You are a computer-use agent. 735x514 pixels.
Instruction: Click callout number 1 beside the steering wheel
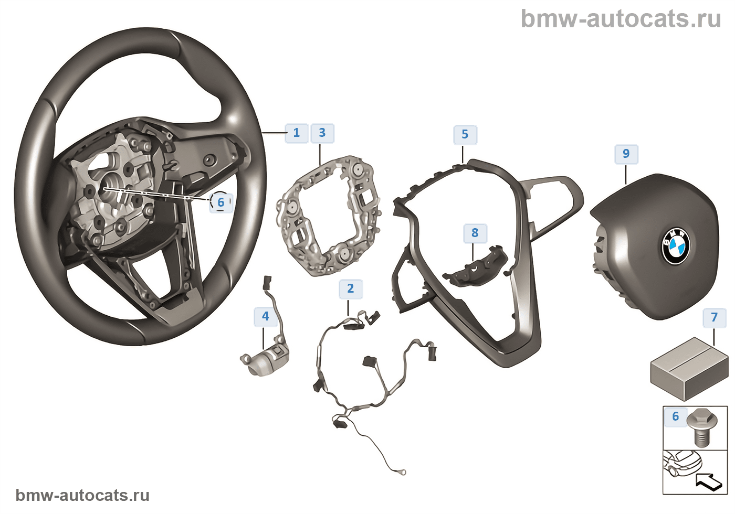[x=296, y=133]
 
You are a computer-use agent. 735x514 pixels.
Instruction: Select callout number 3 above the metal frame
[x=322, y=133]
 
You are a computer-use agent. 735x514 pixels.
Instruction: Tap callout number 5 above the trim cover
[x=465, y=134]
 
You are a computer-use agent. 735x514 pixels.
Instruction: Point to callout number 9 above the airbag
[x=626, y=154]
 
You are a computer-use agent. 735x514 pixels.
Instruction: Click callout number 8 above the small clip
[x=475, y=233]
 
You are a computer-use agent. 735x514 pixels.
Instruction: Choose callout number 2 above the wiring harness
[x=351, y=288]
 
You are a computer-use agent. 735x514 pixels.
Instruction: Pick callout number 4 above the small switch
[x=266, y=316]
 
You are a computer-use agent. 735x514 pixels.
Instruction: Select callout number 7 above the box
[x=714, y=317]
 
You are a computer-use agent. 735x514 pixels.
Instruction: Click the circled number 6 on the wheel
[x=220, y=202]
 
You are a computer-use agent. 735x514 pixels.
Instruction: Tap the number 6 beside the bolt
[x=676, y=416]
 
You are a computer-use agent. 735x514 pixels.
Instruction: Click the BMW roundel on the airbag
[x=675, y=246]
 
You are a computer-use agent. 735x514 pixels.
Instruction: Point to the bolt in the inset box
[x=700, y=428]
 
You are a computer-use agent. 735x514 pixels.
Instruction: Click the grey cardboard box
[x=689, y=368]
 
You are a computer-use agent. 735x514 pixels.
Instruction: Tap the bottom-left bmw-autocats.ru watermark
[x=82, y=495]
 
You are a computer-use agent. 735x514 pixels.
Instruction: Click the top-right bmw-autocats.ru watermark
[x=621, y=19]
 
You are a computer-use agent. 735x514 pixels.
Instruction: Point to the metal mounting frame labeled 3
[x=328, y=215]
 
